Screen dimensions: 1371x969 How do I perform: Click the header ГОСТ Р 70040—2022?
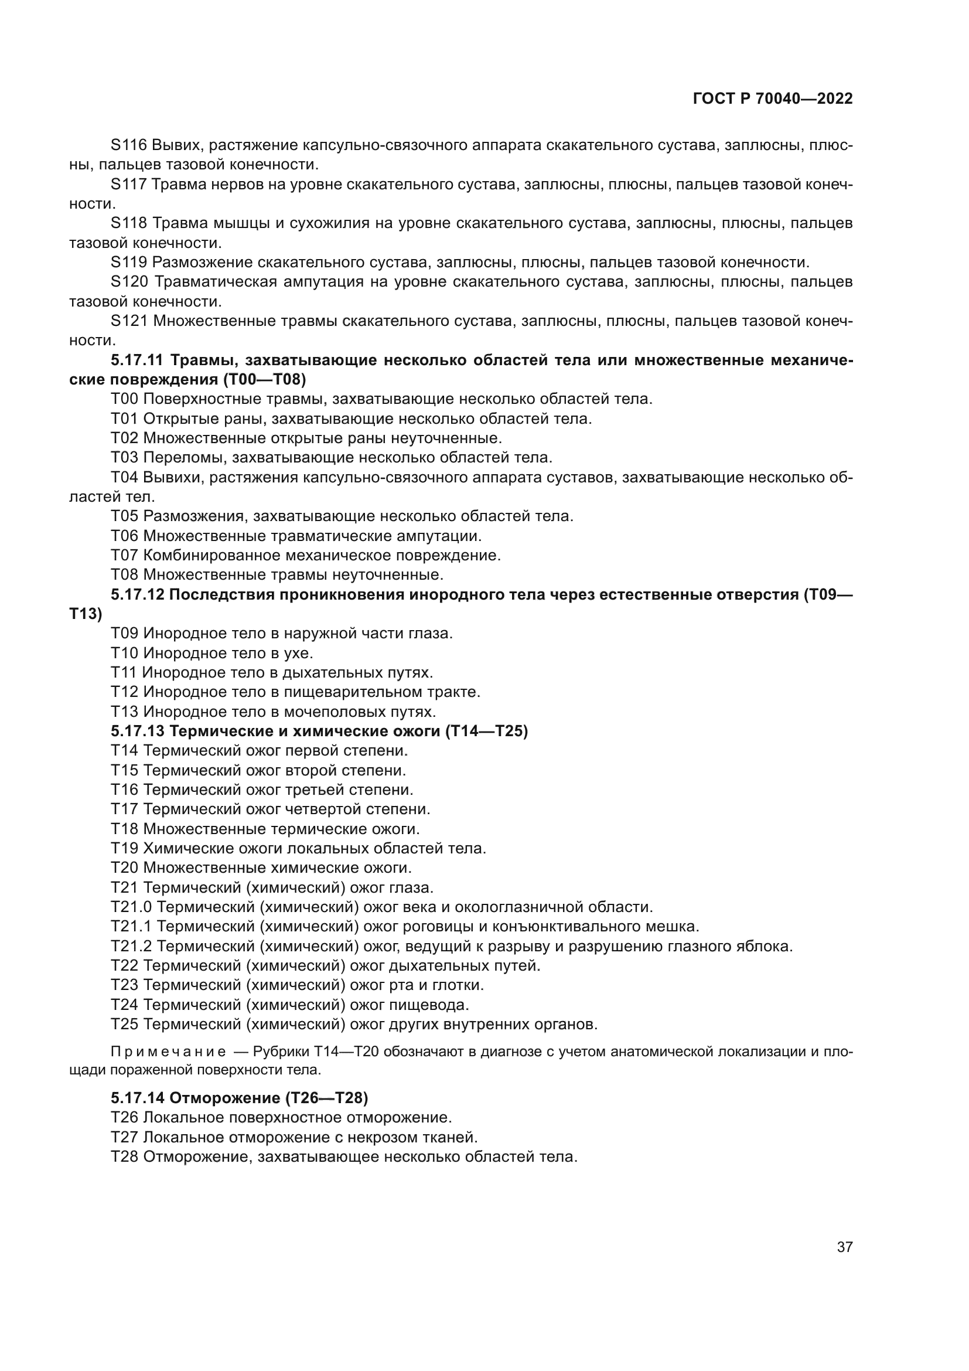pos(773,99)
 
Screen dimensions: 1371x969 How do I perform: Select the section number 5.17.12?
pos(137,595)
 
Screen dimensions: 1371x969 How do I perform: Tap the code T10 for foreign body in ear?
pos(124,652)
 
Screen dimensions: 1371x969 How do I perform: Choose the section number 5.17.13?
pos(137,731)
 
